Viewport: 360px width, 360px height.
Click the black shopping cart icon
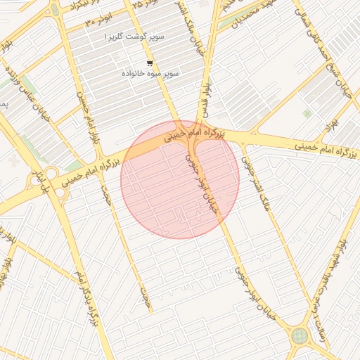point(149,63)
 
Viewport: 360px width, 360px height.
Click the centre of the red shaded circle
point(180,179)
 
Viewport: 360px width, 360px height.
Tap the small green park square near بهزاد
point(307,112)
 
